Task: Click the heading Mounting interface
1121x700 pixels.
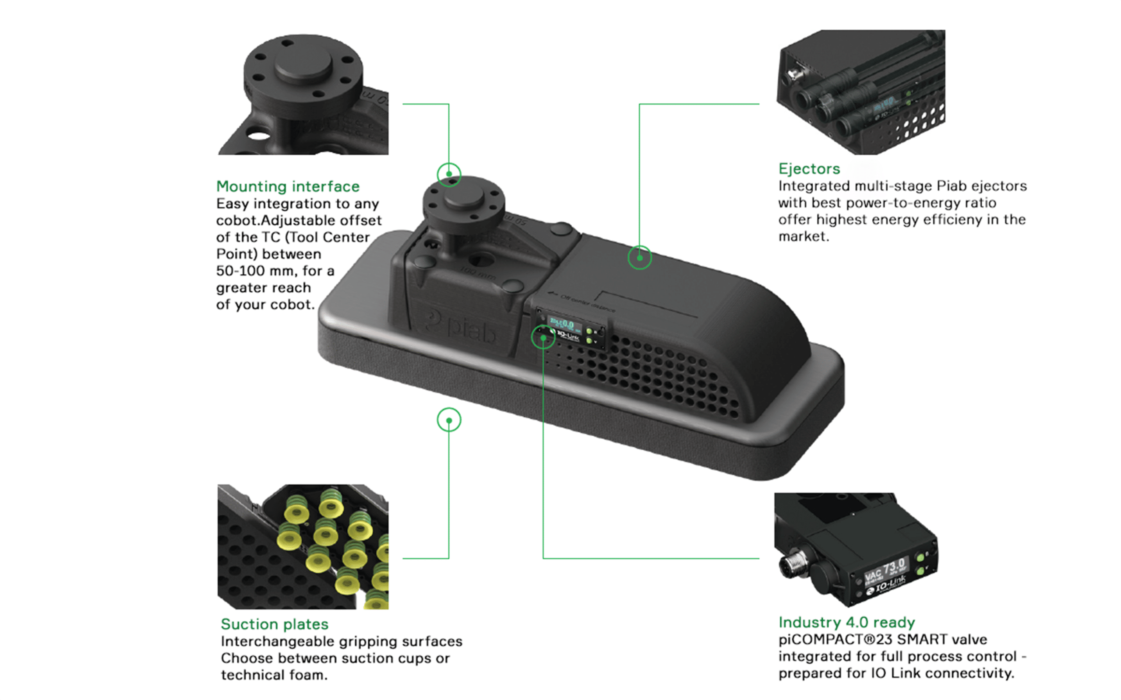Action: click(x=288, y=186)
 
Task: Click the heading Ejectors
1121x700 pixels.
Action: click(x=809, y=168)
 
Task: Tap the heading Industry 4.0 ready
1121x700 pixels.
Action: click(x=846, y=622)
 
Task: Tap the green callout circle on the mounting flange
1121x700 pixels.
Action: click(x=449, y=175)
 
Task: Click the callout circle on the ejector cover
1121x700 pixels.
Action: click(x=639, y=257)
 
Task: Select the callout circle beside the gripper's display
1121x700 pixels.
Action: click(x=543, y=337)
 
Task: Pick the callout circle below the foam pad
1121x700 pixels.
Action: click(x=449, y=420)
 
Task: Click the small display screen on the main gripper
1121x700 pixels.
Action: click(x=561, y=324)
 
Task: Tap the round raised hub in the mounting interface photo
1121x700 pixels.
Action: click(x=303, y=63)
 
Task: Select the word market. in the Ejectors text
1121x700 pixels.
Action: click(x=803, y=237)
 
